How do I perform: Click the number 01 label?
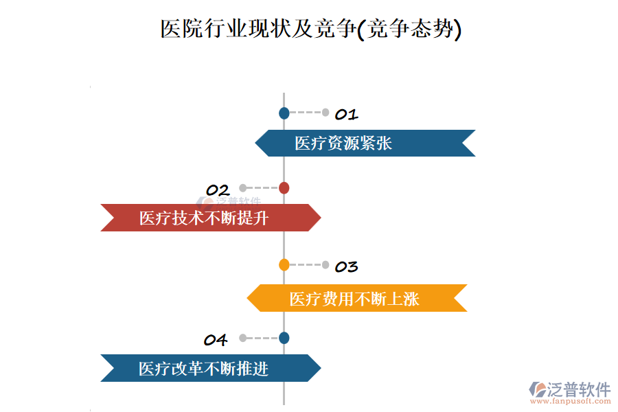coord(346,115)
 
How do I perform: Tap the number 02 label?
coord(218,190)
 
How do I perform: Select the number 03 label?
coord(346,266)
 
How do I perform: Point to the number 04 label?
coord(216,340)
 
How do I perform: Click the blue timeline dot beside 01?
coord(284,113)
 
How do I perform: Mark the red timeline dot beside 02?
coord(284,187)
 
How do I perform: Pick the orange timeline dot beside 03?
coord(284,264)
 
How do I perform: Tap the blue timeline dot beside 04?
coord(284,338)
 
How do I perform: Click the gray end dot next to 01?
coord(326,113)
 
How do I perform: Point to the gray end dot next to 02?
coord(242,187)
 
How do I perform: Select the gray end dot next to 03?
coord(326,264)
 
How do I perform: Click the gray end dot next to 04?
coord(242,338)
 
